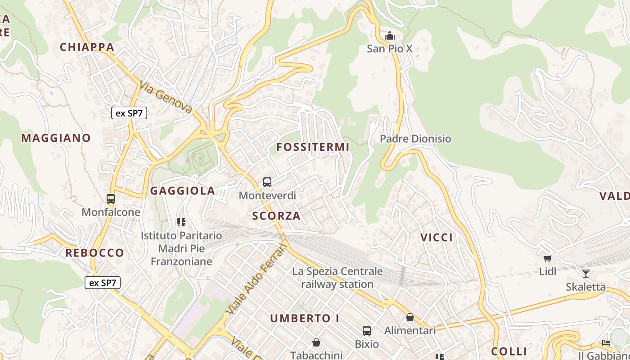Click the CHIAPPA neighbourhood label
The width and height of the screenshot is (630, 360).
pyautogui.click(x=87, y=47)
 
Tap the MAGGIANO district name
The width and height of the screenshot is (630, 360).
pyautogui.click(x=56, y=138)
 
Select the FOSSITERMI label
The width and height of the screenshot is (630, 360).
pyautogui.click(x=313, y=147)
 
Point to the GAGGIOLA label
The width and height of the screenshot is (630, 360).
pyautogui.click(x=183, y=191)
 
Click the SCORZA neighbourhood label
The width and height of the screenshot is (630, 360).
pyautogui.click(x=276, y=216)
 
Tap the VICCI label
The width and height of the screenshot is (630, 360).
pyautogui.click(x=436, y=238)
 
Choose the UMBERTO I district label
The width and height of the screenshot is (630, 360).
pyautogui.click(x=305, y=318)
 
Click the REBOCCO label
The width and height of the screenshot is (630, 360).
pyautogui.click(x=94, y=253)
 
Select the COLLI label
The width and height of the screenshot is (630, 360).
pyautogui.click(x=509, y=351)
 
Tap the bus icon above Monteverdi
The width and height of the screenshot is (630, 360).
pyautogui.click(x=267, y=182)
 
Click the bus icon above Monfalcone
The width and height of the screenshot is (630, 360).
pyautogui.click(x=111, y=198)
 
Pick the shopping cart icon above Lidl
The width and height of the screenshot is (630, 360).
pyautogui.click(x=548, y=258)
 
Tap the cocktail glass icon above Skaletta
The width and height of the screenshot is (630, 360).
pyautogui.click(x=585, y=273)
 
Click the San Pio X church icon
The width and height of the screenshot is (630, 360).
pyautogui.click(x=390, y=35)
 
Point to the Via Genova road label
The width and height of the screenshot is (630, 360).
pyautogui.click(x=166, y=97)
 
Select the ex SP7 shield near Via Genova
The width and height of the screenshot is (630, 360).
pyautogui.click(x=129, y=113)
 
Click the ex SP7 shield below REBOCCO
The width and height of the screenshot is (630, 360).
pyautogui.click(x=103, y=283)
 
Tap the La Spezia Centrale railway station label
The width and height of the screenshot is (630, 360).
pyautogui.click(x=337, y=278)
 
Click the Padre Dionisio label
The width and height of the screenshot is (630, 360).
pyautogui.click(x=415, y=139)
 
